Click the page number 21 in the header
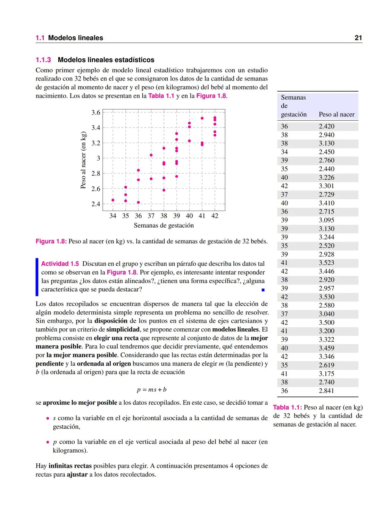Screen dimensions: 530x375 pyautogui.click(x=358, y=38)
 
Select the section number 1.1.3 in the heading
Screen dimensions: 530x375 pyautogui.click(x=43, y=60)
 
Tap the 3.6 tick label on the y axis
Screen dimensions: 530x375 pyautogui.click(x=95, y=112)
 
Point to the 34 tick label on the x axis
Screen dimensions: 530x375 pyautogui.click(x=113, y=216)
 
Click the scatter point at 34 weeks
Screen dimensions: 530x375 pyautogui.click(x=113, y=200)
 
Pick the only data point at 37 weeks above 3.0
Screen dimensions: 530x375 pyautogui.click(x=151, y=155)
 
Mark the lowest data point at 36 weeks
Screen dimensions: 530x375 pyautogui.click(x=138, y=202)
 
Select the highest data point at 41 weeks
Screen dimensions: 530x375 pyautogui.click(x=202, y=118)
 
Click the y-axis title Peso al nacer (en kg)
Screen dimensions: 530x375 pyautogui.click(x=83, y=160)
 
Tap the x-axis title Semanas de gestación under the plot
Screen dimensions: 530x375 pyautogui.click(x=164, y=226)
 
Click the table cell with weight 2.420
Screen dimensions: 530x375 pyautogui.click(x=326, y=126)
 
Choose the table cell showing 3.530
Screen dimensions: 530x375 pyautogui.click(x=326, y=297)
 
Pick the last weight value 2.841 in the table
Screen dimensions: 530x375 pyautogui.click(x=326, y=390)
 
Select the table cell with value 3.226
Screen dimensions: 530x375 pyautogui.click(x=326, y=177)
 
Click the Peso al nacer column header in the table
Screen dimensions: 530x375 pyautogui.click(x=336, y=114)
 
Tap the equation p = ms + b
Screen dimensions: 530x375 pyautogui.click(x=152, y=389)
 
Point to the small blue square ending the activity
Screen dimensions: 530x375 pyautogui.click(x=263, y=290)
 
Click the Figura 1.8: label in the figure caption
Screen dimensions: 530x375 pyautogui.click(x=51, y=241)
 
